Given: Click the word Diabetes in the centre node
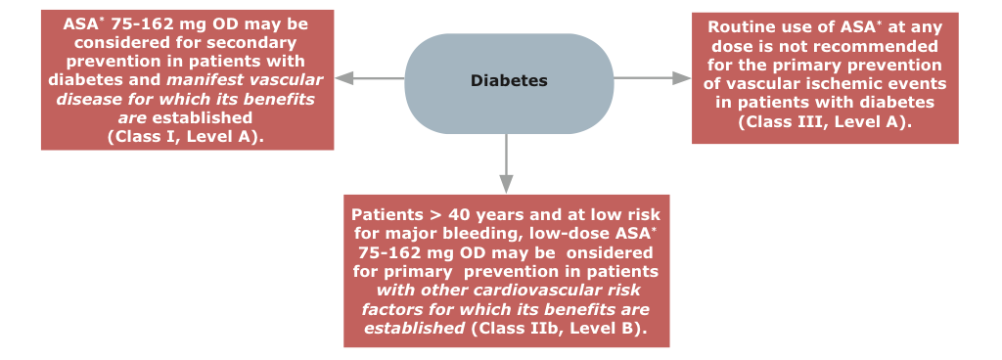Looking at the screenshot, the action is (509, 81).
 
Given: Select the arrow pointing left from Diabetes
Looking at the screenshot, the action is (369, 78).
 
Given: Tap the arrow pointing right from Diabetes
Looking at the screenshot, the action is (653, 78).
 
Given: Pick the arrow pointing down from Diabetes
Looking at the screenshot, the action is (506, 163).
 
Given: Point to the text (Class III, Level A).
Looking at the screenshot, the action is (824, 121).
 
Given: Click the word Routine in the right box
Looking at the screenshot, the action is (734, 27).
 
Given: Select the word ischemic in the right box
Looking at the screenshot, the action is (852, 84).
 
